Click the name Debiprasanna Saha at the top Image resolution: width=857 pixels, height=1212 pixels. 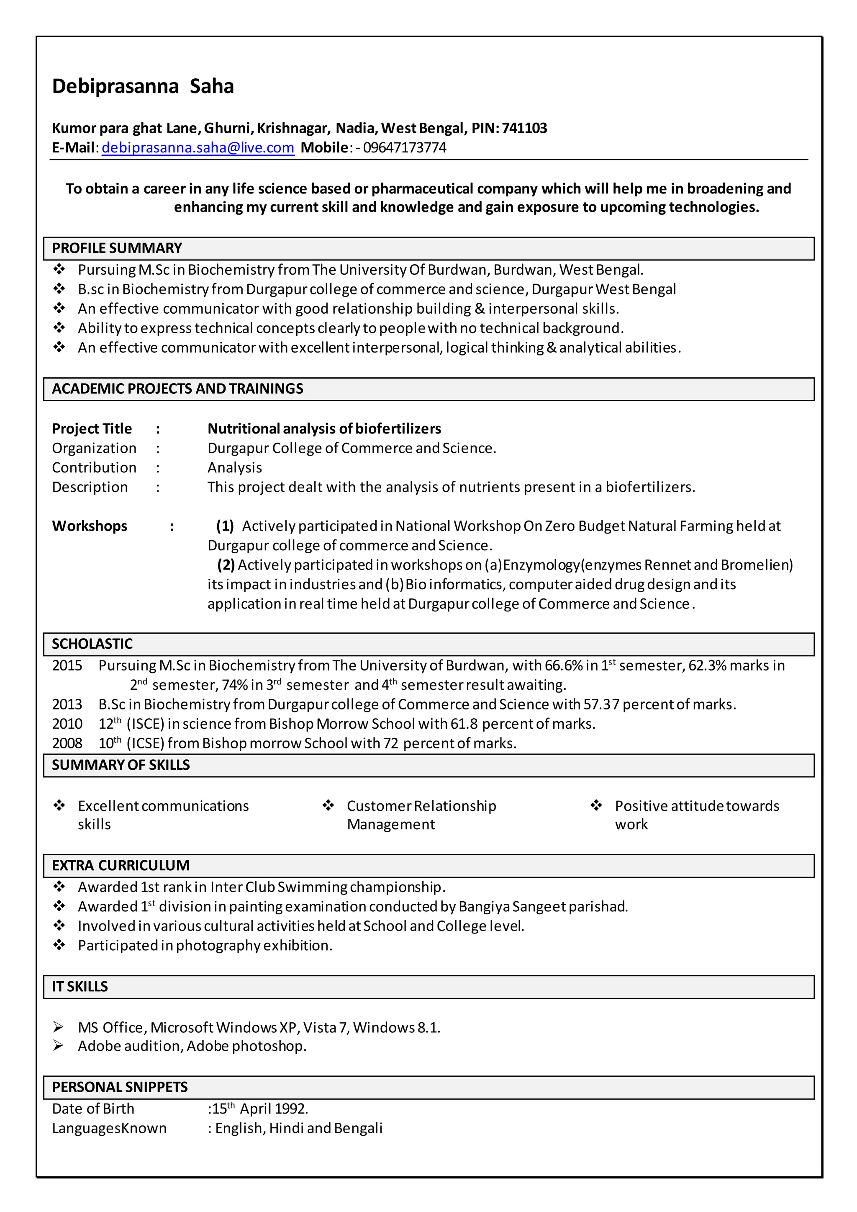click(142, 87)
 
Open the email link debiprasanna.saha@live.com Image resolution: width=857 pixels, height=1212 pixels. click(198, 148)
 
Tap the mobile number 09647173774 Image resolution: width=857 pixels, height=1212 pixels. click(404, 148)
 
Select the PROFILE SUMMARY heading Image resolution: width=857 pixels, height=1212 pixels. click(117, 248)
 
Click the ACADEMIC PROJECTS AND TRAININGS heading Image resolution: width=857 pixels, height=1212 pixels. click(177, 389)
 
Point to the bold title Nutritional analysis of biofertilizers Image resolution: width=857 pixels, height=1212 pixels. click(324, 429)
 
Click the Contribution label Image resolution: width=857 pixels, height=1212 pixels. click(94, 468)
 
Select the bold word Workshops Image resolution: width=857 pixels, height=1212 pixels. click(89, 526)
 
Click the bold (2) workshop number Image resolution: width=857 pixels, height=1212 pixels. click(226, 565)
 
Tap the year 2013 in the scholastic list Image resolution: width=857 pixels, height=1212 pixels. click(67, 704)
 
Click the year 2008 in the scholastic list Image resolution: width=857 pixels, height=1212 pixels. click(67, 743)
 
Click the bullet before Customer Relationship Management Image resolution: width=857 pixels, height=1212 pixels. click(328, 805)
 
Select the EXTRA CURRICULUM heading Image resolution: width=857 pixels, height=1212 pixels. click(121, 866)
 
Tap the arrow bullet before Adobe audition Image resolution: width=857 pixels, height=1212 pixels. click(58, 1046)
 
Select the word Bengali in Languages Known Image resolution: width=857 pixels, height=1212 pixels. click(358, 1128)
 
